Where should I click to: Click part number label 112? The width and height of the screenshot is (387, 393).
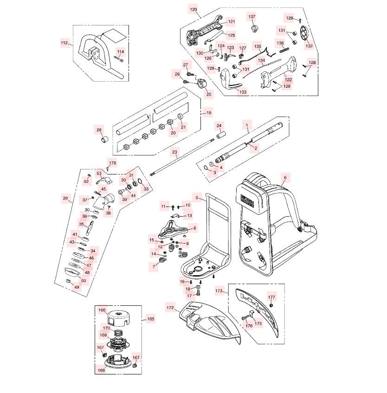click(x=64, y=43)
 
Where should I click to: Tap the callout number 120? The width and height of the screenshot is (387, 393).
click(x=193, y=9)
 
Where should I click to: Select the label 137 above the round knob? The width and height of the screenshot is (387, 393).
click(x=252, y=17)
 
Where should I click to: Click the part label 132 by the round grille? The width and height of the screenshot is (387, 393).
click(x=309, y=46)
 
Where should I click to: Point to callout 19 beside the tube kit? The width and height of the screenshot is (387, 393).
click(x=208, y=113)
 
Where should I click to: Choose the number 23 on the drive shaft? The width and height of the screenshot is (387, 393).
click(x=174, y=152)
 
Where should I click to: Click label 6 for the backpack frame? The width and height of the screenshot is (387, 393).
click(x=285, y=178)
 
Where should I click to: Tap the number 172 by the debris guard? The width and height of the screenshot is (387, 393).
click(x=170, y=307)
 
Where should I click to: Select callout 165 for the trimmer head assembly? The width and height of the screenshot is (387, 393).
click(x=151, y=319)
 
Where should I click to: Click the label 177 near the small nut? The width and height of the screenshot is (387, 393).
click(x=272, y=297)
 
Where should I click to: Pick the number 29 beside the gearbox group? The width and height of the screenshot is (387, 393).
click(x=65, y=198)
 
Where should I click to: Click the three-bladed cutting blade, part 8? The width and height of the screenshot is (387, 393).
click(x=174, y=228)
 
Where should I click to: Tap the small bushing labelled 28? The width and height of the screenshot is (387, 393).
click(x=105, y=139)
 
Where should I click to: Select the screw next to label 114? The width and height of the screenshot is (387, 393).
click(x=118, y=58)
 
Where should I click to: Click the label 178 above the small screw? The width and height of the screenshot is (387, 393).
click(x=111, y=163)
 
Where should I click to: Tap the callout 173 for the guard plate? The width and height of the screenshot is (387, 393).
click(x=219, y=291)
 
